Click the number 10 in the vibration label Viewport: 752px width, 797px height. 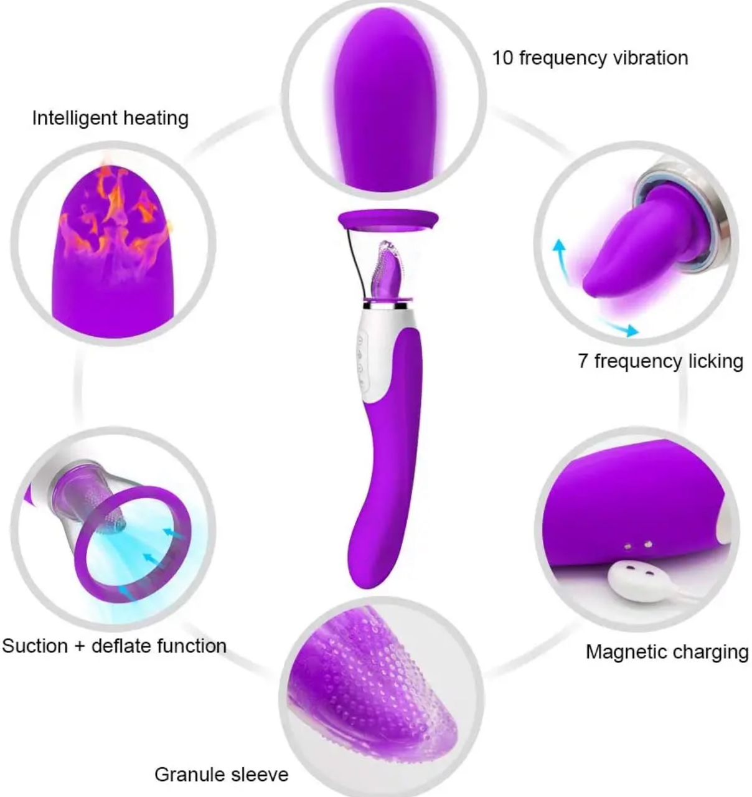click(x=503, y=58)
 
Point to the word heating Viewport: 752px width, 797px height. click(x=156, y=119)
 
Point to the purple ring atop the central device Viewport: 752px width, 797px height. click(x=388, y=220)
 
